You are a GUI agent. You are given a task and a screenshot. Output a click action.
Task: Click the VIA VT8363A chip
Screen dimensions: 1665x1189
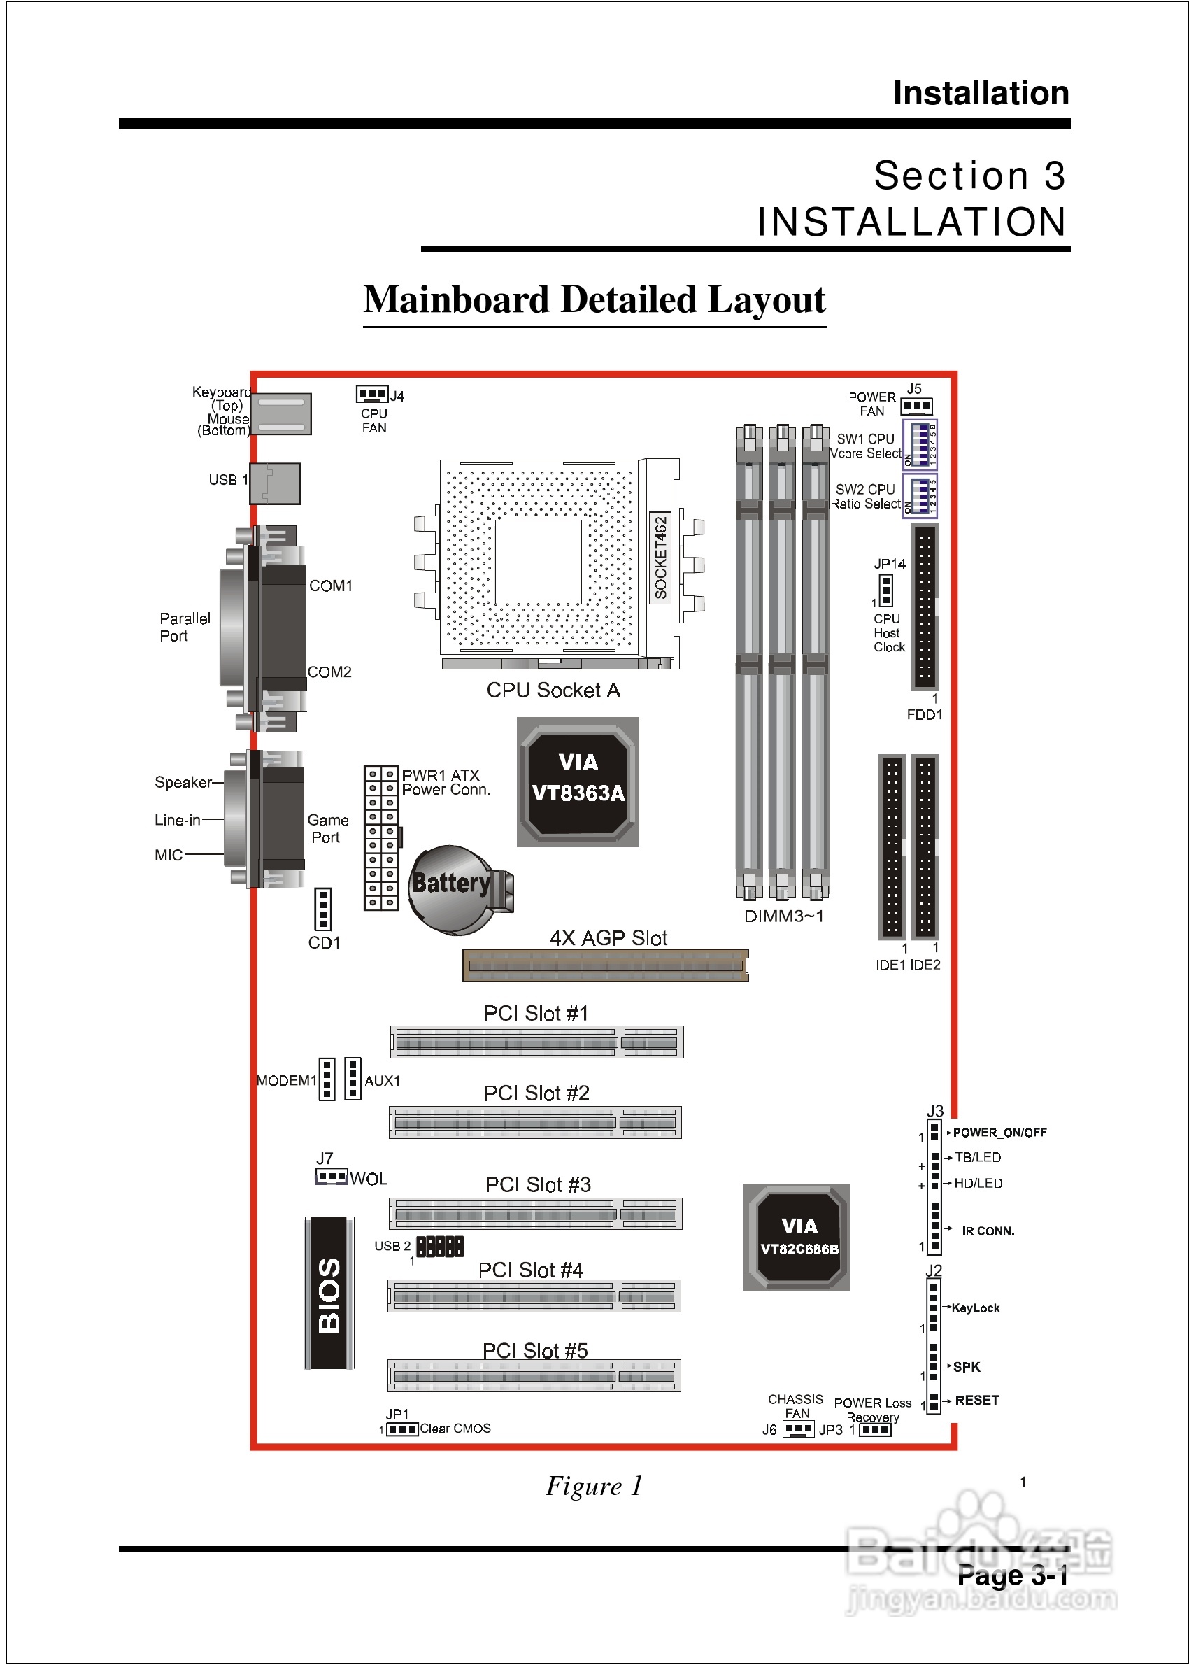click(578, 781)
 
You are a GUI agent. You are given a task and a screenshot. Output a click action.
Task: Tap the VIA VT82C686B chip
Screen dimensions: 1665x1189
click(797, 1237)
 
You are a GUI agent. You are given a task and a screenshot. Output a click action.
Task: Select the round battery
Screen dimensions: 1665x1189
click(454, 889)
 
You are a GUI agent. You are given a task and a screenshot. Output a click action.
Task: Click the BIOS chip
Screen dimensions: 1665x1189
click(329, 1292)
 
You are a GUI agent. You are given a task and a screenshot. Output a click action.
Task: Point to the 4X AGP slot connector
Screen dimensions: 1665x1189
click(606, 965)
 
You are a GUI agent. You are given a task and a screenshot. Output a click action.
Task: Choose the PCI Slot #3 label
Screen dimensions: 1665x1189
click(537, 1184)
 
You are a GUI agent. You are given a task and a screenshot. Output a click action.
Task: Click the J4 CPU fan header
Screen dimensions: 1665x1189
click(371, 394)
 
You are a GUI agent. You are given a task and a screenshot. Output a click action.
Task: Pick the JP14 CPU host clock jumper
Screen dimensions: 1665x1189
click(886, 590)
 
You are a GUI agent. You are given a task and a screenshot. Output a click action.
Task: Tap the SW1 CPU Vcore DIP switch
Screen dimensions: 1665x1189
click(920, 444)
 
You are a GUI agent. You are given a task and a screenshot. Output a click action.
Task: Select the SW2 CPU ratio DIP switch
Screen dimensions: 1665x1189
click(920, 496)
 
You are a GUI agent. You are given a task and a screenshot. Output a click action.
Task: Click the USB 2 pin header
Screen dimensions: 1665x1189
click(440, 1245)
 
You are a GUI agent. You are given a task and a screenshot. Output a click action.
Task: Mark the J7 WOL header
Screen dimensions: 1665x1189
click(331, 1177)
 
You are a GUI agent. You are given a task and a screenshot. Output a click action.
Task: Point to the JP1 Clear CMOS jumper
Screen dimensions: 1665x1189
click(402, 1429)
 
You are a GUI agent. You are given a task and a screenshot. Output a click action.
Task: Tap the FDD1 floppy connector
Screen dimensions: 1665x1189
click(924, 607)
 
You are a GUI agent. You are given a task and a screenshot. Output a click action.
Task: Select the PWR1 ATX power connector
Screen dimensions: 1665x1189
click(380, 837)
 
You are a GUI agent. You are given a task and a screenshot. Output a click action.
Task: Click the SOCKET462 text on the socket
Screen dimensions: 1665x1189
click(660, 557)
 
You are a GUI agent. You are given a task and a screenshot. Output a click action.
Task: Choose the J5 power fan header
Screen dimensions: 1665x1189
click(917, 406)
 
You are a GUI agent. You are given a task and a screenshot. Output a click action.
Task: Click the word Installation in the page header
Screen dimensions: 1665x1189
click(981, 93)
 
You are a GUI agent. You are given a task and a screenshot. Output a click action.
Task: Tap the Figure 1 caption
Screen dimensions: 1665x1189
click(594, 1486)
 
